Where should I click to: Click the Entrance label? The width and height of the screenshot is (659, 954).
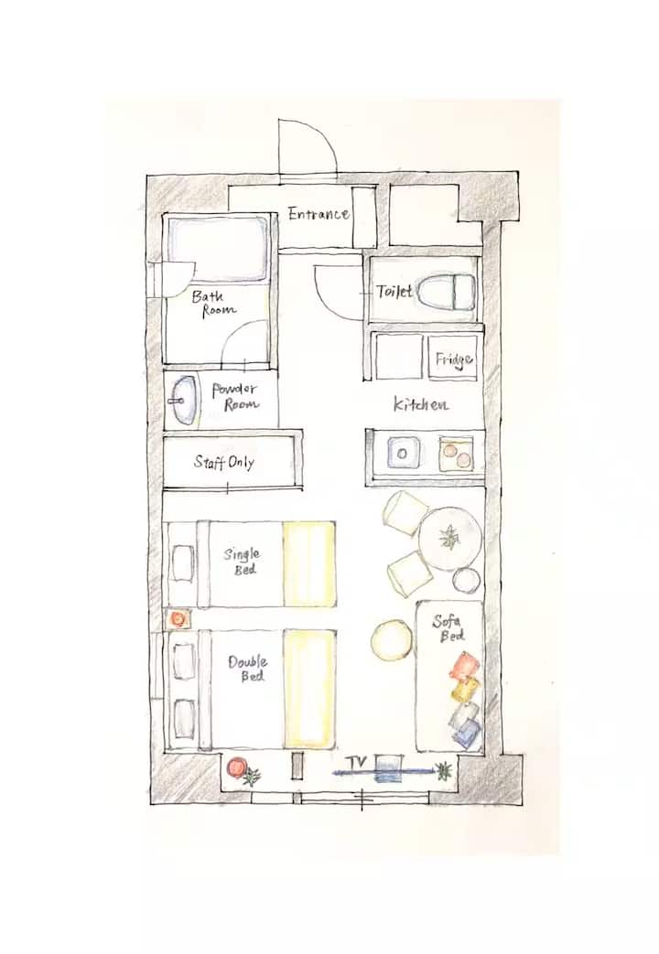click(319, 213)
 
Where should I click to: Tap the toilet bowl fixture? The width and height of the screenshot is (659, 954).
click(447, 292)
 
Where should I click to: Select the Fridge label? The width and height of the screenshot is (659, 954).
click(454, 359)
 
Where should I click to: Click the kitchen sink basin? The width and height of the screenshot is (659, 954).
click(402, 453)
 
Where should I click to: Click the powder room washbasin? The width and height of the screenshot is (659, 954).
click(183, 400)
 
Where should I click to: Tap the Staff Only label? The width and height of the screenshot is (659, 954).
click(224, 463)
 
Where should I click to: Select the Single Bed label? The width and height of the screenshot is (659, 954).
click(242, 561)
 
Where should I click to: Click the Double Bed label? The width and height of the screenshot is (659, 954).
click(248, 668)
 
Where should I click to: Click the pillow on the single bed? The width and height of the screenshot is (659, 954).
click(183, 563)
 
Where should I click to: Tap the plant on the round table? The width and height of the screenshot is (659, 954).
click(449, 537)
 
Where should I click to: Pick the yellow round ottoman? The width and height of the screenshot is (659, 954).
click(393, 639)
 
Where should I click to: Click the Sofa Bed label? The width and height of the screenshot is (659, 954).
click(448, 628)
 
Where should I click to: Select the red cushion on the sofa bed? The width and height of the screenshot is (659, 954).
click(465, 666)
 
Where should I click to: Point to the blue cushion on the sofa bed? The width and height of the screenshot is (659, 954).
click(468, 733)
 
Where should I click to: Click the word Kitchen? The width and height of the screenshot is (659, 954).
click(421, 403)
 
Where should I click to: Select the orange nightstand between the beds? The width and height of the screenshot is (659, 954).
click(178, 618)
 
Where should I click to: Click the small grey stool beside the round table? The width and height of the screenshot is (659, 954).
click(467, 581)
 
